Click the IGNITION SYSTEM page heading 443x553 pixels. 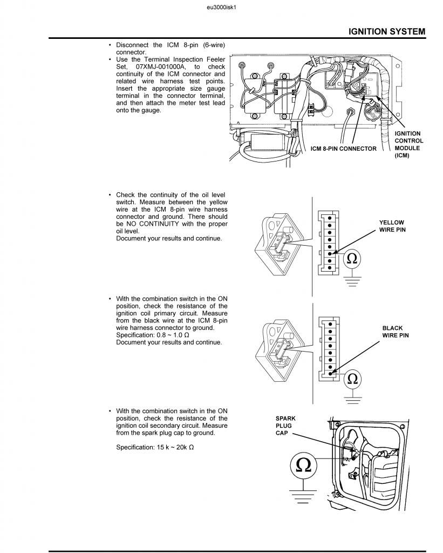coord(386,31)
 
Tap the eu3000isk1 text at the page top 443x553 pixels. coord(222,8)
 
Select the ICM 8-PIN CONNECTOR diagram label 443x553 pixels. coord(344,149)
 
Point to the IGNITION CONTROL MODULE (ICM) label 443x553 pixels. coord(408,145)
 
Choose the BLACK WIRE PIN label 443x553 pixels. coord(396,332)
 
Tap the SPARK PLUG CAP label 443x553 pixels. coord(285,426)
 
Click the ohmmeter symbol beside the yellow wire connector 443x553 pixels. coord(352,259)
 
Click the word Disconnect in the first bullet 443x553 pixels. coord(131,45)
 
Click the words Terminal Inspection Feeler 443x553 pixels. coord(178,59)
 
